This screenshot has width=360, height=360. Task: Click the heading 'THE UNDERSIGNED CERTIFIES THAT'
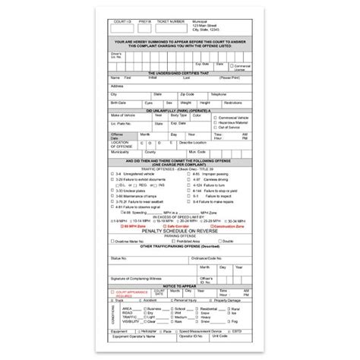click(x=179, y=73)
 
